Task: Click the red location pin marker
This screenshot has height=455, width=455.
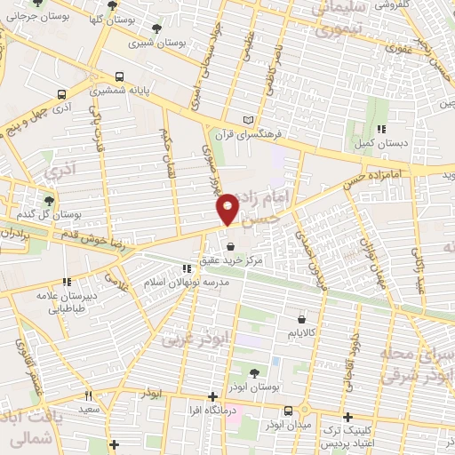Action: point(228,207)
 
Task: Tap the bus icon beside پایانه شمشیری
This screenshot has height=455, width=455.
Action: point(119,77)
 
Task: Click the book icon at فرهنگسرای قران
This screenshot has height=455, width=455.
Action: point(248,120)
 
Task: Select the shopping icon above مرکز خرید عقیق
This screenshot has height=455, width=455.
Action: point(231,247)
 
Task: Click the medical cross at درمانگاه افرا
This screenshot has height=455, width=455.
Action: point(212,396)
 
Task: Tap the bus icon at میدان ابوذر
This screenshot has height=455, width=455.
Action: point(289,411)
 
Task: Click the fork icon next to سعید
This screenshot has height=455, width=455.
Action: point(87,395)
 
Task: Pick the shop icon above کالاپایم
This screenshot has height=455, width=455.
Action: point(303,318)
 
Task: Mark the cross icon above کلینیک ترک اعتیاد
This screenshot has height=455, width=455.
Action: point(347,416)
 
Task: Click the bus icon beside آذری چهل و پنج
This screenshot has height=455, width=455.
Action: point(61,94)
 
